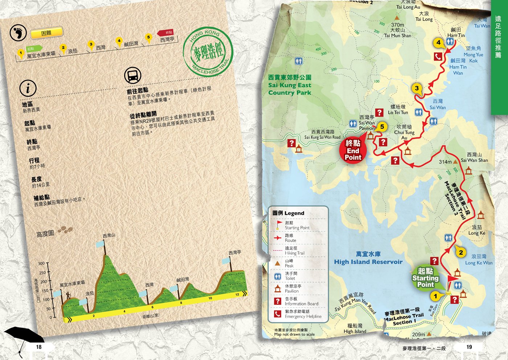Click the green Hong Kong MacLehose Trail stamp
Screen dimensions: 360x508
[208, 52]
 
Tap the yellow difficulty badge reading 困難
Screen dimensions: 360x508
[46, 33]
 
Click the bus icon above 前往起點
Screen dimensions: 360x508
[133, 76]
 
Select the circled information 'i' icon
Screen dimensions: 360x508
[28, 88]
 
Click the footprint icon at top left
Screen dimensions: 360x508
[18, 33]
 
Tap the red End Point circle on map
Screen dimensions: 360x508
[353, 150]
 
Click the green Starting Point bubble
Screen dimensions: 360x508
[425, 278]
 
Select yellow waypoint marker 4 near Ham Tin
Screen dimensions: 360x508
[438, 43]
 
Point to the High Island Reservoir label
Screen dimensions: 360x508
[368, 258]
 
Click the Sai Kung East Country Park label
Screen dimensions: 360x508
[290, 85]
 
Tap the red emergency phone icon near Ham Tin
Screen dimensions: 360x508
[438, 56]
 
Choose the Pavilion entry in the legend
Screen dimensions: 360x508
[292, 289]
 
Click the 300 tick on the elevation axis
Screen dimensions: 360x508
[41, 264]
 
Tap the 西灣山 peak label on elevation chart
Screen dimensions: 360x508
[109, 236]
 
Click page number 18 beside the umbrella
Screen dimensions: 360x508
[39, 347]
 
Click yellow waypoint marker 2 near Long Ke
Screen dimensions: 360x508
[461, 253]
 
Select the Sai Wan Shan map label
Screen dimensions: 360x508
[474, 157]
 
